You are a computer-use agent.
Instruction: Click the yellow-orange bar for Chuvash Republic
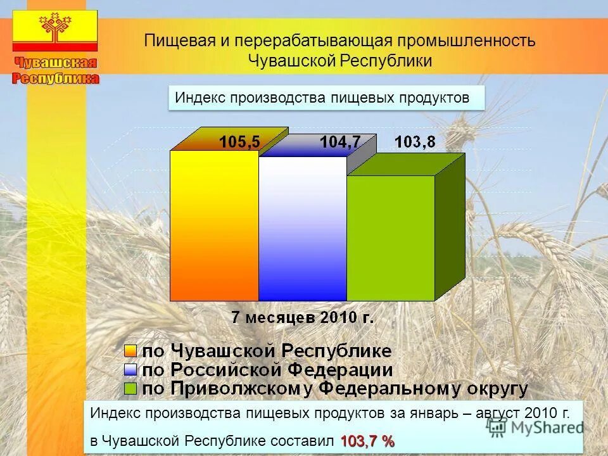(215, 225)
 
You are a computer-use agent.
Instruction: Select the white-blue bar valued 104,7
(302, 228)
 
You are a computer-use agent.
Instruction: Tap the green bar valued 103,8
(390, 237)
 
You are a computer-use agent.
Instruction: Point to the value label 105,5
(239, 142)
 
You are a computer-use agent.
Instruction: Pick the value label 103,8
(415, 142)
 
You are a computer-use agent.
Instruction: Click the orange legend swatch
(130, 351)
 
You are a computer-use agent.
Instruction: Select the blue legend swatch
(130, 369)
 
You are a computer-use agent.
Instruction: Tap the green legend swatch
(130, 388)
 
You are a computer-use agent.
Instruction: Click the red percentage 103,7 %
(367, 441)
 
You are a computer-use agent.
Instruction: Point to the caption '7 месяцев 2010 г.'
(302, 317)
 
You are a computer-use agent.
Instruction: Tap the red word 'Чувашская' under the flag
(56, 63)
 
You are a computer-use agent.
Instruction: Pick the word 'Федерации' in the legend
(343, 369)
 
